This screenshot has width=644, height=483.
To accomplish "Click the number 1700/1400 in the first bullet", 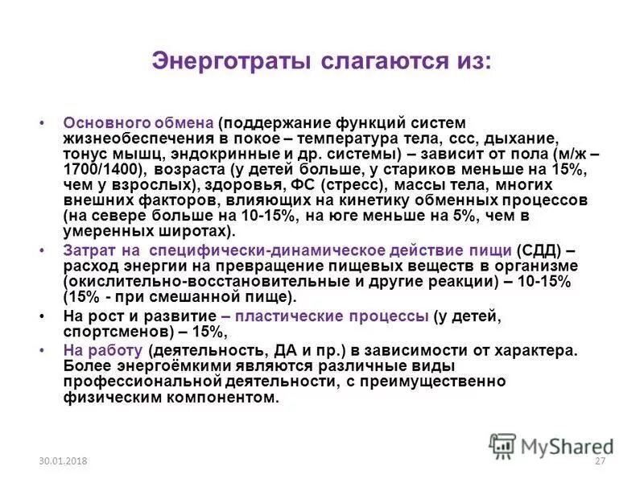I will tap(102, 169).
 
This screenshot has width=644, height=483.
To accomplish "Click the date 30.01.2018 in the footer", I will tap(62, 460).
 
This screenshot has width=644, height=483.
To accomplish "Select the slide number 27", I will tap(599, 460).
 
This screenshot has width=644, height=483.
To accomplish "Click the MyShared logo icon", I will tap(503, 445).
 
